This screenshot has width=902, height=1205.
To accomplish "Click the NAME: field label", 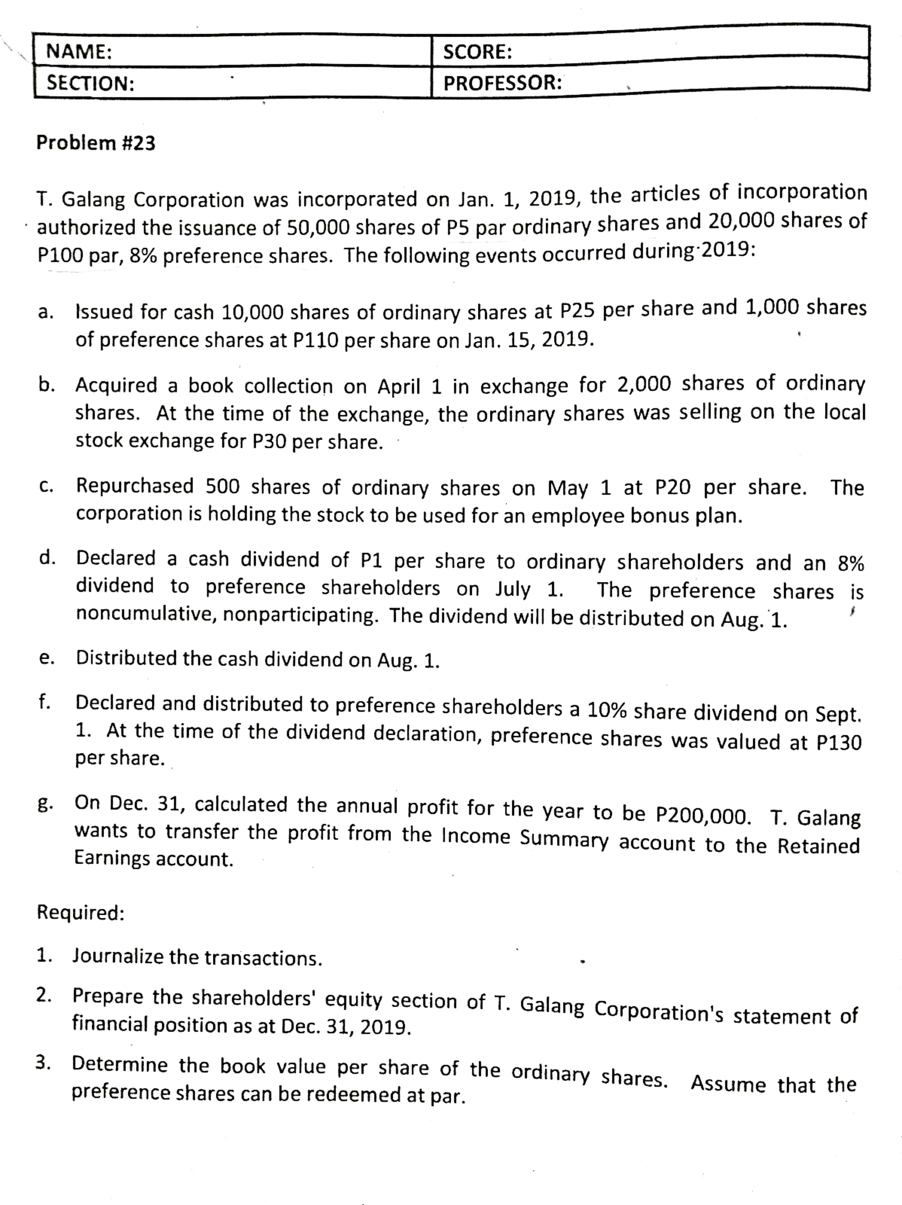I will pos(79,52).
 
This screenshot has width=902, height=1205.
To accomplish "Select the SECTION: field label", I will pos(90,83).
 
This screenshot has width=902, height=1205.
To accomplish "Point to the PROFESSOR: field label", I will pos(502,83).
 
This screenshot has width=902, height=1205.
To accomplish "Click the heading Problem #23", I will pos(96,143).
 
